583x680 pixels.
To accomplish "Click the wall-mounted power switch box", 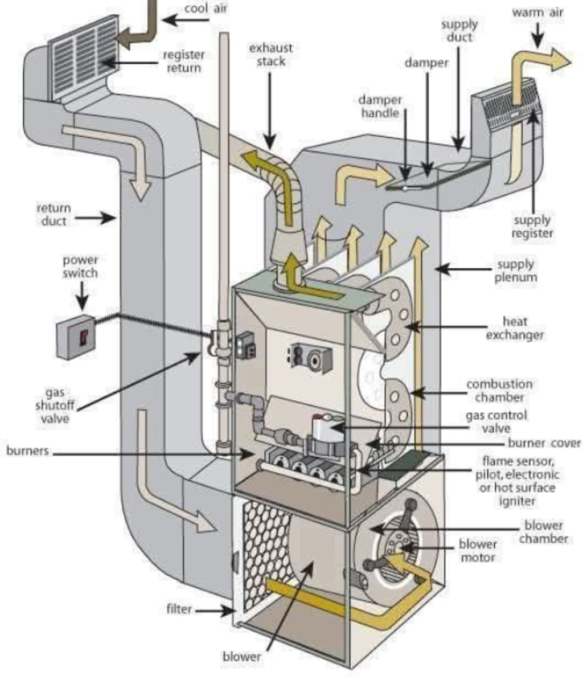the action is (x=76, y=337).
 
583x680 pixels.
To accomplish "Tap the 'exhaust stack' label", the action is (x=270, y=54).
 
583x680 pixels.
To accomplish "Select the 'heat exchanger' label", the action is (x=515, y=328).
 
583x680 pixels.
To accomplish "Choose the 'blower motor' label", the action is (x=478, y=550).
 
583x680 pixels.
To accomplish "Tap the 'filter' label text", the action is (x=179, y=609).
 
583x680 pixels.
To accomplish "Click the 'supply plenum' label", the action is (x=515, y=271).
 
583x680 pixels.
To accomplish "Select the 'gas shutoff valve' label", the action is (x=55, y=405).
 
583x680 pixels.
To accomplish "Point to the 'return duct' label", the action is (x=54, y=214).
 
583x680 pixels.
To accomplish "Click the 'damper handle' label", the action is (x=380, y=106).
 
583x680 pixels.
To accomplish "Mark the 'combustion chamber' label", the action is (x=499, y=390).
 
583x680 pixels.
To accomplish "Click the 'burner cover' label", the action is (x=544, y=443).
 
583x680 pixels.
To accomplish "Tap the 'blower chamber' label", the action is (x=544, y=532).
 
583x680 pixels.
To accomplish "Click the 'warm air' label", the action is (x=537, y=12).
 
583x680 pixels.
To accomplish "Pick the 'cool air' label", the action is (x=206, y=8).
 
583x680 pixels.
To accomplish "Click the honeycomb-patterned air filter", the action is (x=263, y=554).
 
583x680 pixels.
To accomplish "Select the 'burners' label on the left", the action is (x=27, y=450).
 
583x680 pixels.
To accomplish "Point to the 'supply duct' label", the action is (x=459, y=31).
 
